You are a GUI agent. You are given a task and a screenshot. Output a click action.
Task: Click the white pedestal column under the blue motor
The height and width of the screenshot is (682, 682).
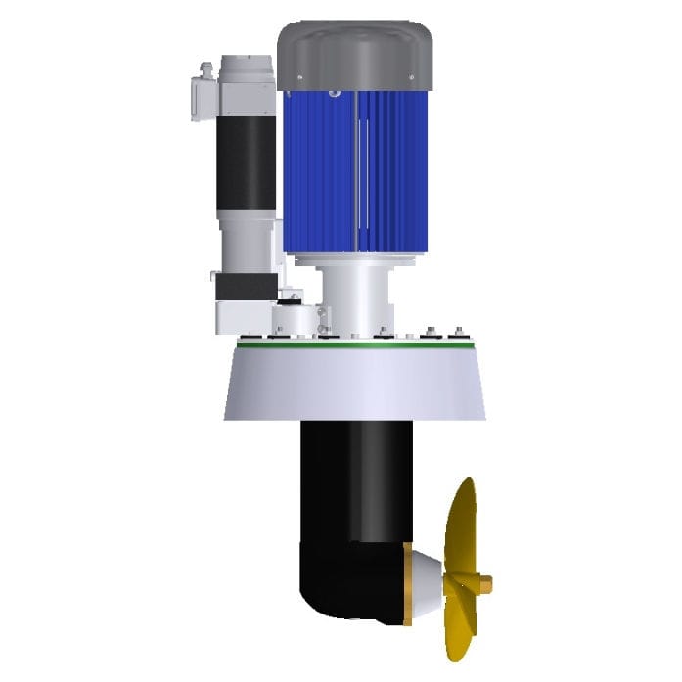(354, 294)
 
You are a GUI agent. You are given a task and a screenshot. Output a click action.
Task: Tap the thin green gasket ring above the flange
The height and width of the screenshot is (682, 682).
(354, 343)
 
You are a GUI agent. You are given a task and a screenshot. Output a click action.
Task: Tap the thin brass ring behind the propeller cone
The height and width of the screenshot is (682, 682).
(407, 585)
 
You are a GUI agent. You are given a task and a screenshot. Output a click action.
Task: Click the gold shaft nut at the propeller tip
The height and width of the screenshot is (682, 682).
(484, 585)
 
